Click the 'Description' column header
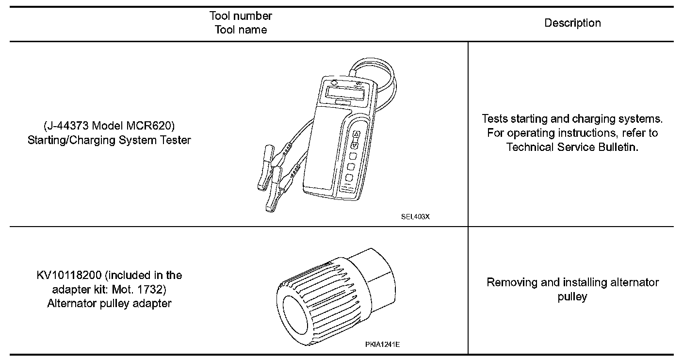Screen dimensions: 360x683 coord(572,23)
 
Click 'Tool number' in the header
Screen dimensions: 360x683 coord(241,16)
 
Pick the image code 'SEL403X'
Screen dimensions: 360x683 coord(415,217)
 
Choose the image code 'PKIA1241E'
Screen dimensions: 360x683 coord(383,344)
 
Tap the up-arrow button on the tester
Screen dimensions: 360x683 coord(356,134)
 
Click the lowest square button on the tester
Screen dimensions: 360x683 coord(349,178)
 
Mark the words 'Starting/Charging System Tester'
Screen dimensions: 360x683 coord(109,141)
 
